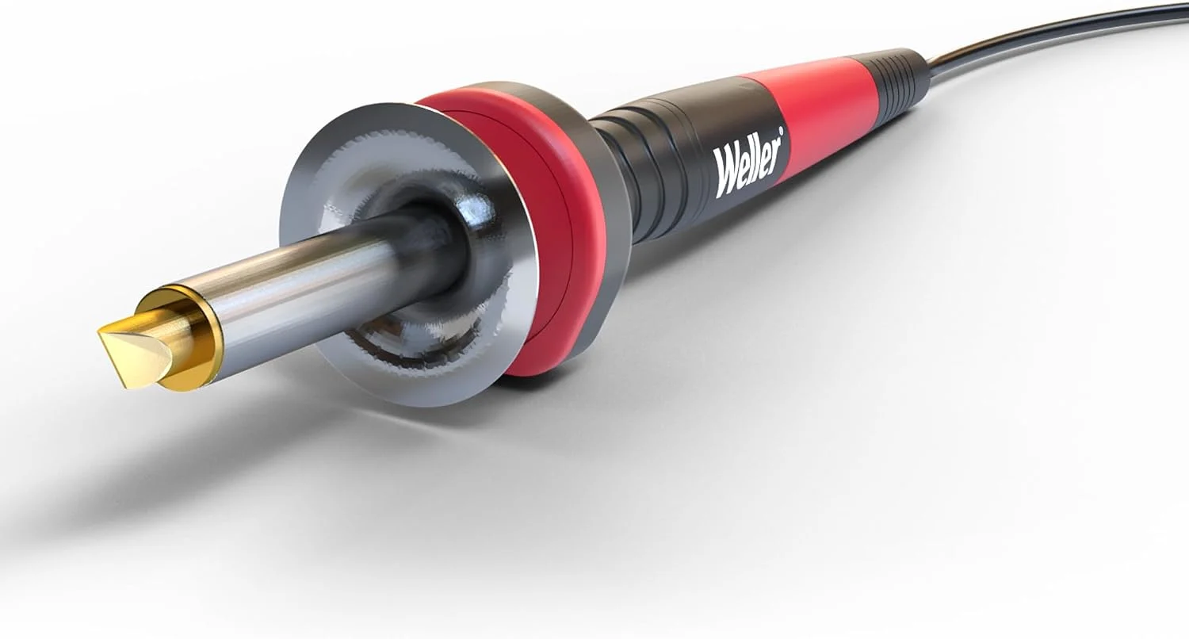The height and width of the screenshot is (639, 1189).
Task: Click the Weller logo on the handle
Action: click(x=748, y=163)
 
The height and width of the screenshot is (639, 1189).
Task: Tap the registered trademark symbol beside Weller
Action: click(x=781, y=131)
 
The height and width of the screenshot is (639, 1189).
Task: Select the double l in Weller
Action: click(x=759, y=158)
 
